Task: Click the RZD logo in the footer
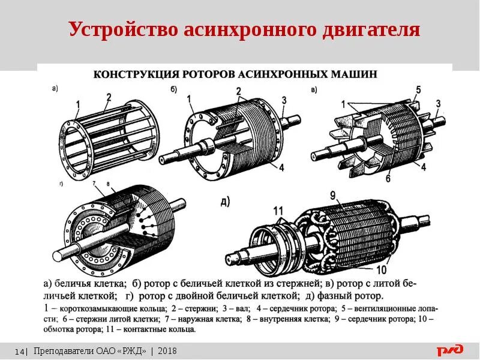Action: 450,350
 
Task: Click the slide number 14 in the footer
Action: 19,351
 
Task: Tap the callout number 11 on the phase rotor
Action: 277,211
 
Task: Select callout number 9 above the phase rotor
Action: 332,196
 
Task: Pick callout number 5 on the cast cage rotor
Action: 418,91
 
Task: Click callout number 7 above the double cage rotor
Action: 94,182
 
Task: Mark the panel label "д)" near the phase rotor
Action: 225,202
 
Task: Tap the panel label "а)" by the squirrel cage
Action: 55,89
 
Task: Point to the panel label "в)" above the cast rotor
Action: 314,90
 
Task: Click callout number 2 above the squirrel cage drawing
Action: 109,97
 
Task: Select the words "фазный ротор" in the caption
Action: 356,296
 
